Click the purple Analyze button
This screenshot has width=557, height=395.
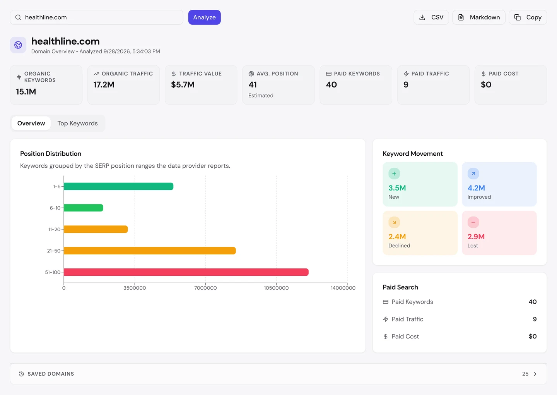pos(204,17)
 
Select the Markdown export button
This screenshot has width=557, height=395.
pos(479,17)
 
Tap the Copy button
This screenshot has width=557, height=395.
pos(528,17)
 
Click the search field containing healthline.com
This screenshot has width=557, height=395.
pos(96,17)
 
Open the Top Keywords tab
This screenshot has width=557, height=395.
pos(78,123)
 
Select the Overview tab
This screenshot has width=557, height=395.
pos(31,123)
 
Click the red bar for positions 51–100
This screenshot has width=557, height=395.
pos(186,272)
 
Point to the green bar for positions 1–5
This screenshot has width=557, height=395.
pos(119,186)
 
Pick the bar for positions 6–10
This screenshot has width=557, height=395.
pos(84,208)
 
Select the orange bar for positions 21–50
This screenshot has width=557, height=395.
pos(150,251)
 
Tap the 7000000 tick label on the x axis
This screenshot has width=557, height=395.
pos(205,288)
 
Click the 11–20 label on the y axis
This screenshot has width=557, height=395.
pos(55,229)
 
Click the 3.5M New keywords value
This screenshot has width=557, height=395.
pos(397,188)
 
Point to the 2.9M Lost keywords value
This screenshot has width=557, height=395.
pos(476,237)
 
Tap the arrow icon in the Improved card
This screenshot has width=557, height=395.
pos(473,173)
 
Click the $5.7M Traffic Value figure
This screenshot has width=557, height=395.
pos(183,85)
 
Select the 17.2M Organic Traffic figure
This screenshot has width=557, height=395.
pos(104,85)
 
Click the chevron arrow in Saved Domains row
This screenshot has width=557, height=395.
pos(535,374)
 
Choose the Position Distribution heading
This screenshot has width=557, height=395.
pos(51,154)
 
